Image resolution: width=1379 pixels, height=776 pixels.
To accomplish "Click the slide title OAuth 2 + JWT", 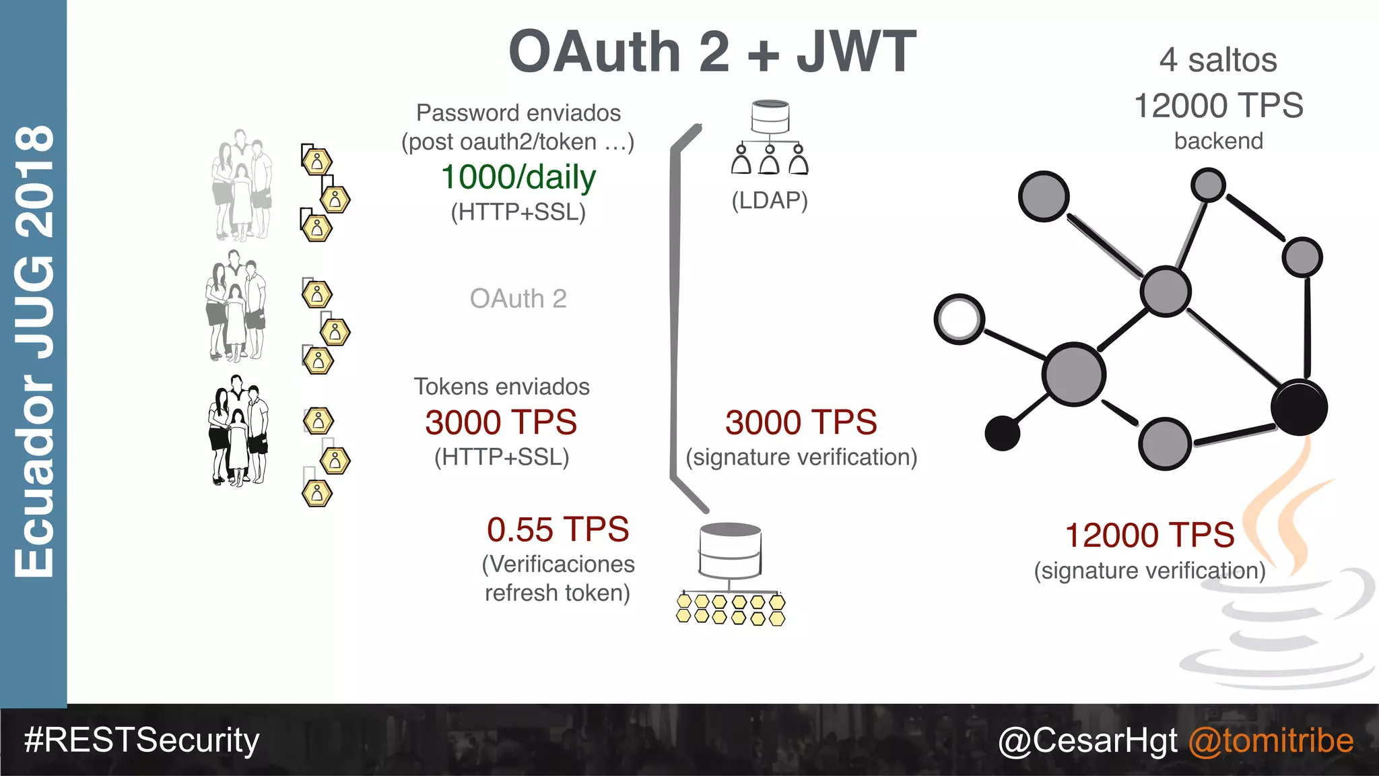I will point(712,52).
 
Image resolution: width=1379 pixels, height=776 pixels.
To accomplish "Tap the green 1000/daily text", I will point(518,177).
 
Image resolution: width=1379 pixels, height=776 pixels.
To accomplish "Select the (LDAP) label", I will point(770,200).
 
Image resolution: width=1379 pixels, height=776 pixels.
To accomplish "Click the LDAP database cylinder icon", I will point(770,117).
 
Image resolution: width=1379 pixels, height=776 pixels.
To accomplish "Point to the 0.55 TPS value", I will point(558,529).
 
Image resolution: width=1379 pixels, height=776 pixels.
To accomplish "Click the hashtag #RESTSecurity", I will point(141,740).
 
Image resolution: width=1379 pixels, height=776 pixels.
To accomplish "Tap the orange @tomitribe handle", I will point(1271,740).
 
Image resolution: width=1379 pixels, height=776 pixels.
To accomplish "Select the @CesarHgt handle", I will point(1087,740).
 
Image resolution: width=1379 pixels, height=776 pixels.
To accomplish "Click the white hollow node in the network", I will point(960,319).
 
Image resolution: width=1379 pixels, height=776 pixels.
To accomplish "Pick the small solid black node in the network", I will point(1002,433).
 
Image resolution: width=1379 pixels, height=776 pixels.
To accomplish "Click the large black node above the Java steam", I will point(1299,408).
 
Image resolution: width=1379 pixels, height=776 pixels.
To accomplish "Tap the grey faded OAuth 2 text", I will point(518,298).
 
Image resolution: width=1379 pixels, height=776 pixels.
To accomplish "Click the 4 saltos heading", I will point(1218,60).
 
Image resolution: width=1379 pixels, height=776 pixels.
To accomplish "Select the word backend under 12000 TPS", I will point(1218,141).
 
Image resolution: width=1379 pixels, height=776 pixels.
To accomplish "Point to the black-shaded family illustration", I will point(238,431).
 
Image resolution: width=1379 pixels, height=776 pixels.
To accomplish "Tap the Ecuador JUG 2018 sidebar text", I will point(34,350).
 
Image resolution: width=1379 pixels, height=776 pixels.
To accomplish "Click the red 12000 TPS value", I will point(1149,536).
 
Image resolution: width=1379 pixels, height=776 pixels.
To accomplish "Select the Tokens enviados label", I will point(502,387).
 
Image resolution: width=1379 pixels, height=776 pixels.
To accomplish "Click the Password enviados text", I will point(518,112).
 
